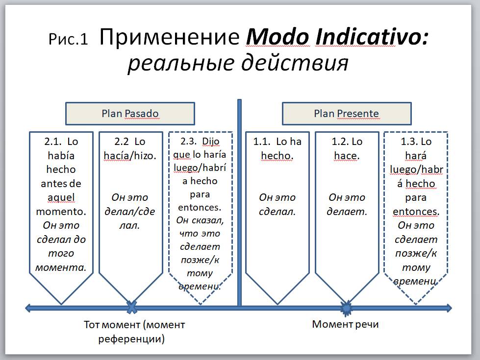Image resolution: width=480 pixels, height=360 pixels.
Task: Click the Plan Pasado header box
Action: (130, 114)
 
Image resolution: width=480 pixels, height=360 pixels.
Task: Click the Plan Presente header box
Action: (346, 114)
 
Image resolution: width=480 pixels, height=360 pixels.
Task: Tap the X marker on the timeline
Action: (131, 308)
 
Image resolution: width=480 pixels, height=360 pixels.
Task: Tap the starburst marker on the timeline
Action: (346, 308)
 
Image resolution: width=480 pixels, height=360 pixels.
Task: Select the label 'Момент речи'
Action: (345, 324)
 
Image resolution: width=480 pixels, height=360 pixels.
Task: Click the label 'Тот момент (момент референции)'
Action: (134, 331)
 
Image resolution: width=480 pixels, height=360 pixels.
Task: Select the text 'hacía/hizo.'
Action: (130, 156)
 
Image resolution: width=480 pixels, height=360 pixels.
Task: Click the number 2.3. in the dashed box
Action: (189, 142)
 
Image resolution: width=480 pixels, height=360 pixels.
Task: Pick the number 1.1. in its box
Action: (262, 142)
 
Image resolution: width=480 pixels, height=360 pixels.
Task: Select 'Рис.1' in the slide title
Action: (68, 39)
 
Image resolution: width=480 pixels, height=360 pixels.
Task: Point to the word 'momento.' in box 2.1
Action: (61, 212)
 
